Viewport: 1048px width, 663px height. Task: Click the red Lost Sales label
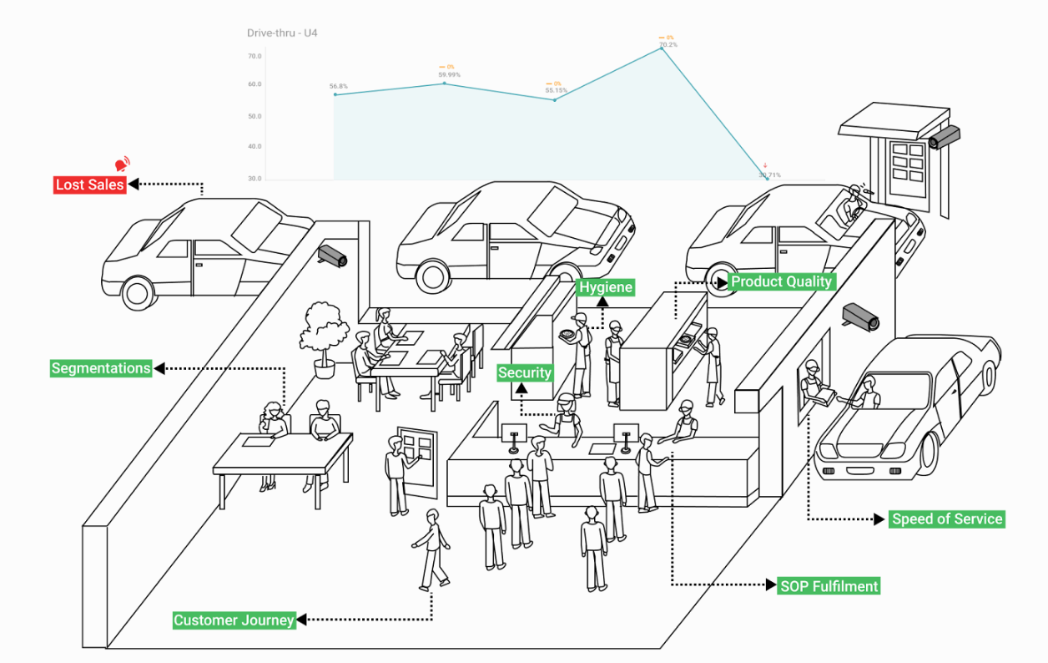[x=89, y=185]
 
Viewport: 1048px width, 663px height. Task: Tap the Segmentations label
[x=101, y=368]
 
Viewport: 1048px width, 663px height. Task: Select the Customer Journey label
[x=234, y=620]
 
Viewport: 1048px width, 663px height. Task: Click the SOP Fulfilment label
[x=829, y=586]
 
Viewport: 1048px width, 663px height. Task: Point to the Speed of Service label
[x=947, y=519]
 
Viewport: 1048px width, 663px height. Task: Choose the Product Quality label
[x=781, y=281]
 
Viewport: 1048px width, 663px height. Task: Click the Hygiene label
[x=606, y=287]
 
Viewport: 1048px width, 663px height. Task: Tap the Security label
[x=525, y=372]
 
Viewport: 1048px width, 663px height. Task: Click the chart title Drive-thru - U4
[x=282, y=33]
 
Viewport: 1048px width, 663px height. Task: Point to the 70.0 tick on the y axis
[x=254, y=56]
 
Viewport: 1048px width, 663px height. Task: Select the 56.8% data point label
[x=338, y=86]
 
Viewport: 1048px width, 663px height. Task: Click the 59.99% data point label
[x=449, y=75]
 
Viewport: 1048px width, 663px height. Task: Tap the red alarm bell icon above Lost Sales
[x=122, y=164]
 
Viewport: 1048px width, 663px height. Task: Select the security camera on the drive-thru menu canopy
[x=944, y=137]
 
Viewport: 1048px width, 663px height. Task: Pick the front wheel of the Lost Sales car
[x=138, y=292]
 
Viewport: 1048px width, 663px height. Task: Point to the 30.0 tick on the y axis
[x=254, y=179]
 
